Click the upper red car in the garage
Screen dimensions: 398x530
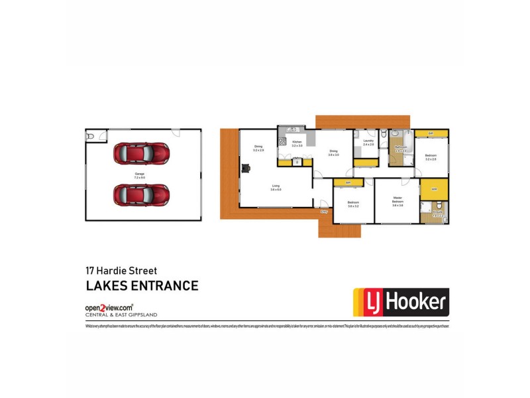coord(141,153)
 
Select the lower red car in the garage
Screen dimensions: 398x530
coord(141,195)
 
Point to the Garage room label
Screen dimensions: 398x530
coord(139,175)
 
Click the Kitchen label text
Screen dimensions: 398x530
coord(297,143)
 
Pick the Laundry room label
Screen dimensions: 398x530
coord(368,142)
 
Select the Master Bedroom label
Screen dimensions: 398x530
coord(397,200)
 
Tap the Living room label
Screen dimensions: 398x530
coord(276,187)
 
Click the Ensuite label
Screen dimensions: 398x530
coord(437,214)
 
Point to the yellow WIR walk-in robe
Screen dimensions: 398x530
coord(435,190)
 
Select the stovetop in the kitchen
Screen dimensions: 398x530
coord(282,141)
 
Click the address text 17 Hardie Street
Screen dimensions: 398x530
coord(121,271)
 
